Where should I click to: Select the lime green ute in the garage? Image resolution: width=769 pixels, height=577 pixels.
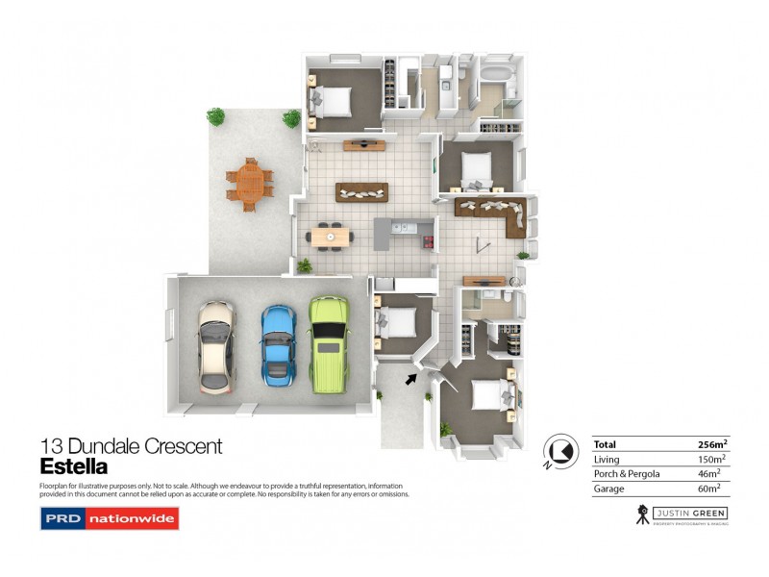click(x=329, y=341)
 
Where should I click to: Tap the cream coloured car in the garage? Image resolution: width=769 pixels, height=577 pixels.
click(x=215, y=345)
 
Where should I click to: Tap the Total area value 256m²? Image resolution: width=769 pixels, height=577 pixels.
click(x=711, y=444)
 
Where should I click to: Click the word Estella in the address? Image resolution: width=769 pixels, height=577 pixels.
click(x=73, y=467)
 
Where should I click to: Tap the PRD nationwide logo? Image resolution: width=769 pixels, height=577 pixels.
click(x=110, y=520)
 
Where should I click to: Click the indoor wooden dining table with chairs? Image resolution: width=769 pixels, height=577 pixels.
click(x=329, y=236)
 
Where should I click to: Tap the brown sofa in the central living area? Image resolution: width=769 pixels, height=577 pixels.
click(x=362, y=191)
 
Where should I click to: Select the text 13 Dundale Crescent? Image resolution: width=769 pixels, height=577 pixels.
click(x=132, y=446)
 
